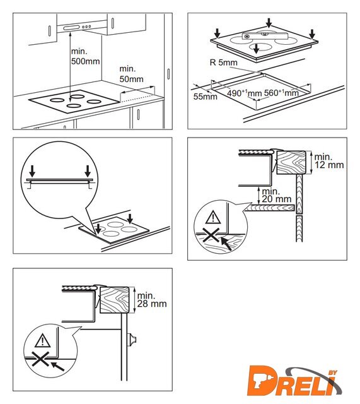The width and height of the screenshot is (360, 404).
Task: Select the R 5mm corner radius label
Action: click(224, 62)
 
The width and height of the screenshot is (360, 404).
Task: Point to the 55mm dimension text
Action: click(205, 97)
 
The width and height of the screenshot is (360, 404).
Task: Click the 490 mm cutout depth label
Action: click(244, 93)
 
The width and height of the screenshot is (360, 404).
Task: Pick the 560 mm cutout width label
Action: click(281, 92)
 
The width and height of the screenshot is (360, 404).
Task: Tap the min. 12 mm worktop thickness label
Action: click(329, 161)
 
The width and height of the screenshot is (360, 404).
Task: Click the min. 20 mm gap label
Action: click(276, 195)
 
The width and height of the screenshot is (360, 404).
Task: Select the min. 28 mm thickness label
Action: click(151, 300)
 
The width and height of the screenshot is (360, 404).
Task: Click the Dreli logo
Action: click(294, 381)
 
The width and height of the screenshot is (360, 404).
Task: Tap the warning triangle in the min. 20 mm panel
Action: click(213, 217)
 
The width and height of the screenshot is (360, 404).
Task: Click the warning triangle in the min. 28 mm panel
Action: click(42, 340)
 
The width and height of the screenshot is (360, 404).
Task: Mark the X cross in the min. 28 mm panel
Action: click(40, 359)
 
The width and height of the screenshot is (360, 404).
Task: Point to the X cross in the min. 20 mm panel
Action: click(211, 235)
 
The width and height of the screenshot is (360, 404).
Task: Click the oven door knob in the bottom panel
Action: click(132, 340)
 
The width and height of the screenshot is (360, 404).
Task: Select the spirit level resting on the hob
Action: click(265, 36)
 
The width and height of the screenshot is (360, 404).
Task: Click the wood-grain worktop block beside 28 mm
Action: click(114, 299)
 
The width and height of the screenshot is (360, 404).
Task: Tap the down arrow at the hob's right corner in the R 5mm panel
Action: click(312, 34)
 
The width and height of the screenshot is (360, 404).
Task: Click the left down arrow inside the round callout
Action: click(32, 170)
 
